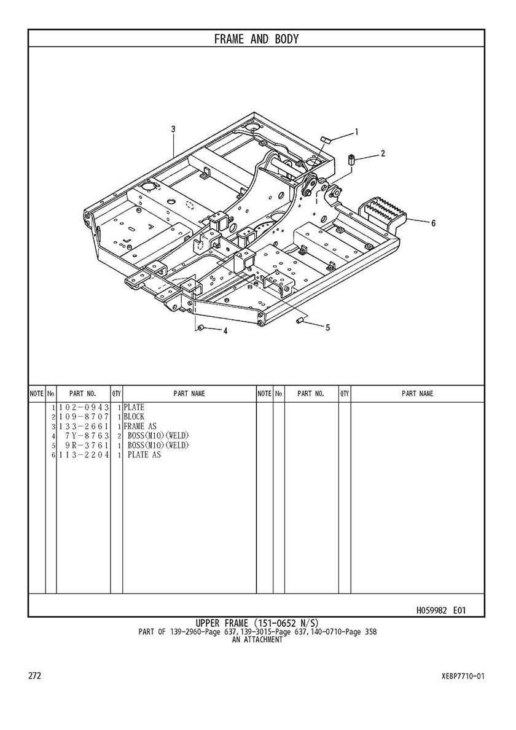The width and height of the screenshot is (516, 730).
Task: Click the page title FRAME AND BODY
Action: tap(256, 39)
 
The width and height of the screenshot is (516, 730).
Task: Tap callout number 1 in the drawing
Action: tap(357, 131)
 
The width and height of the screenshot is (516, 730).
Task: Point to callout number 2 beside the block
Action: tap(383, 153)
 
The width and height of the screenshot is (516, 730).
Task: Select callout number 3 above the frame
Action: tap(173, 130)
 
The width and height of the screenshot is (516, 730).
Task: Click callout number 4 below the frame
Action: tap(225, 331)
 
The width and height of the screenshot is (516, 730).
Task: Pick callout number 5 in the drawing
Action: tap(327, 327)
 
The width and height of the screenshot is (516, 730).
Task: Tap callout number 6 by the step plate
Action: tap(433, 223)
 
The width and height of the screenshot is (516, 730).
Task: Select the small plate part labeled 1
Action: tap(326, 139)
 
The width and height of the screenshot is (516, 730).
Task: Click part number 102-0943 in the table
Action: tap(84, 408)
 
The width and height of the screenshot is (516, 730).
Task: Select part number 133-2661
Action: tap(84, 426)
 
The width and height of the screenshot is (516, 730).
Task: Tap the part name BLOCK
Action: tap(134, 417)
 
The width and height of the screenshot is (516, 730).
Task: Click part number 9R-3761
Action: tap(87, 445)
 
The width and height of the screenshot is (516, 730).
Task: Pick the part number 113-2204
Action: tap(84, 455)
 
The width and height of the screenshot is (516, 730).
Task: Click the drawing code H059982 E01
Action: tap(441, 610)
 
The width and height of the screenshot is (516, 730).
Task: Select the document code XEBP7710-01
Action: tap(463, 676)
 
